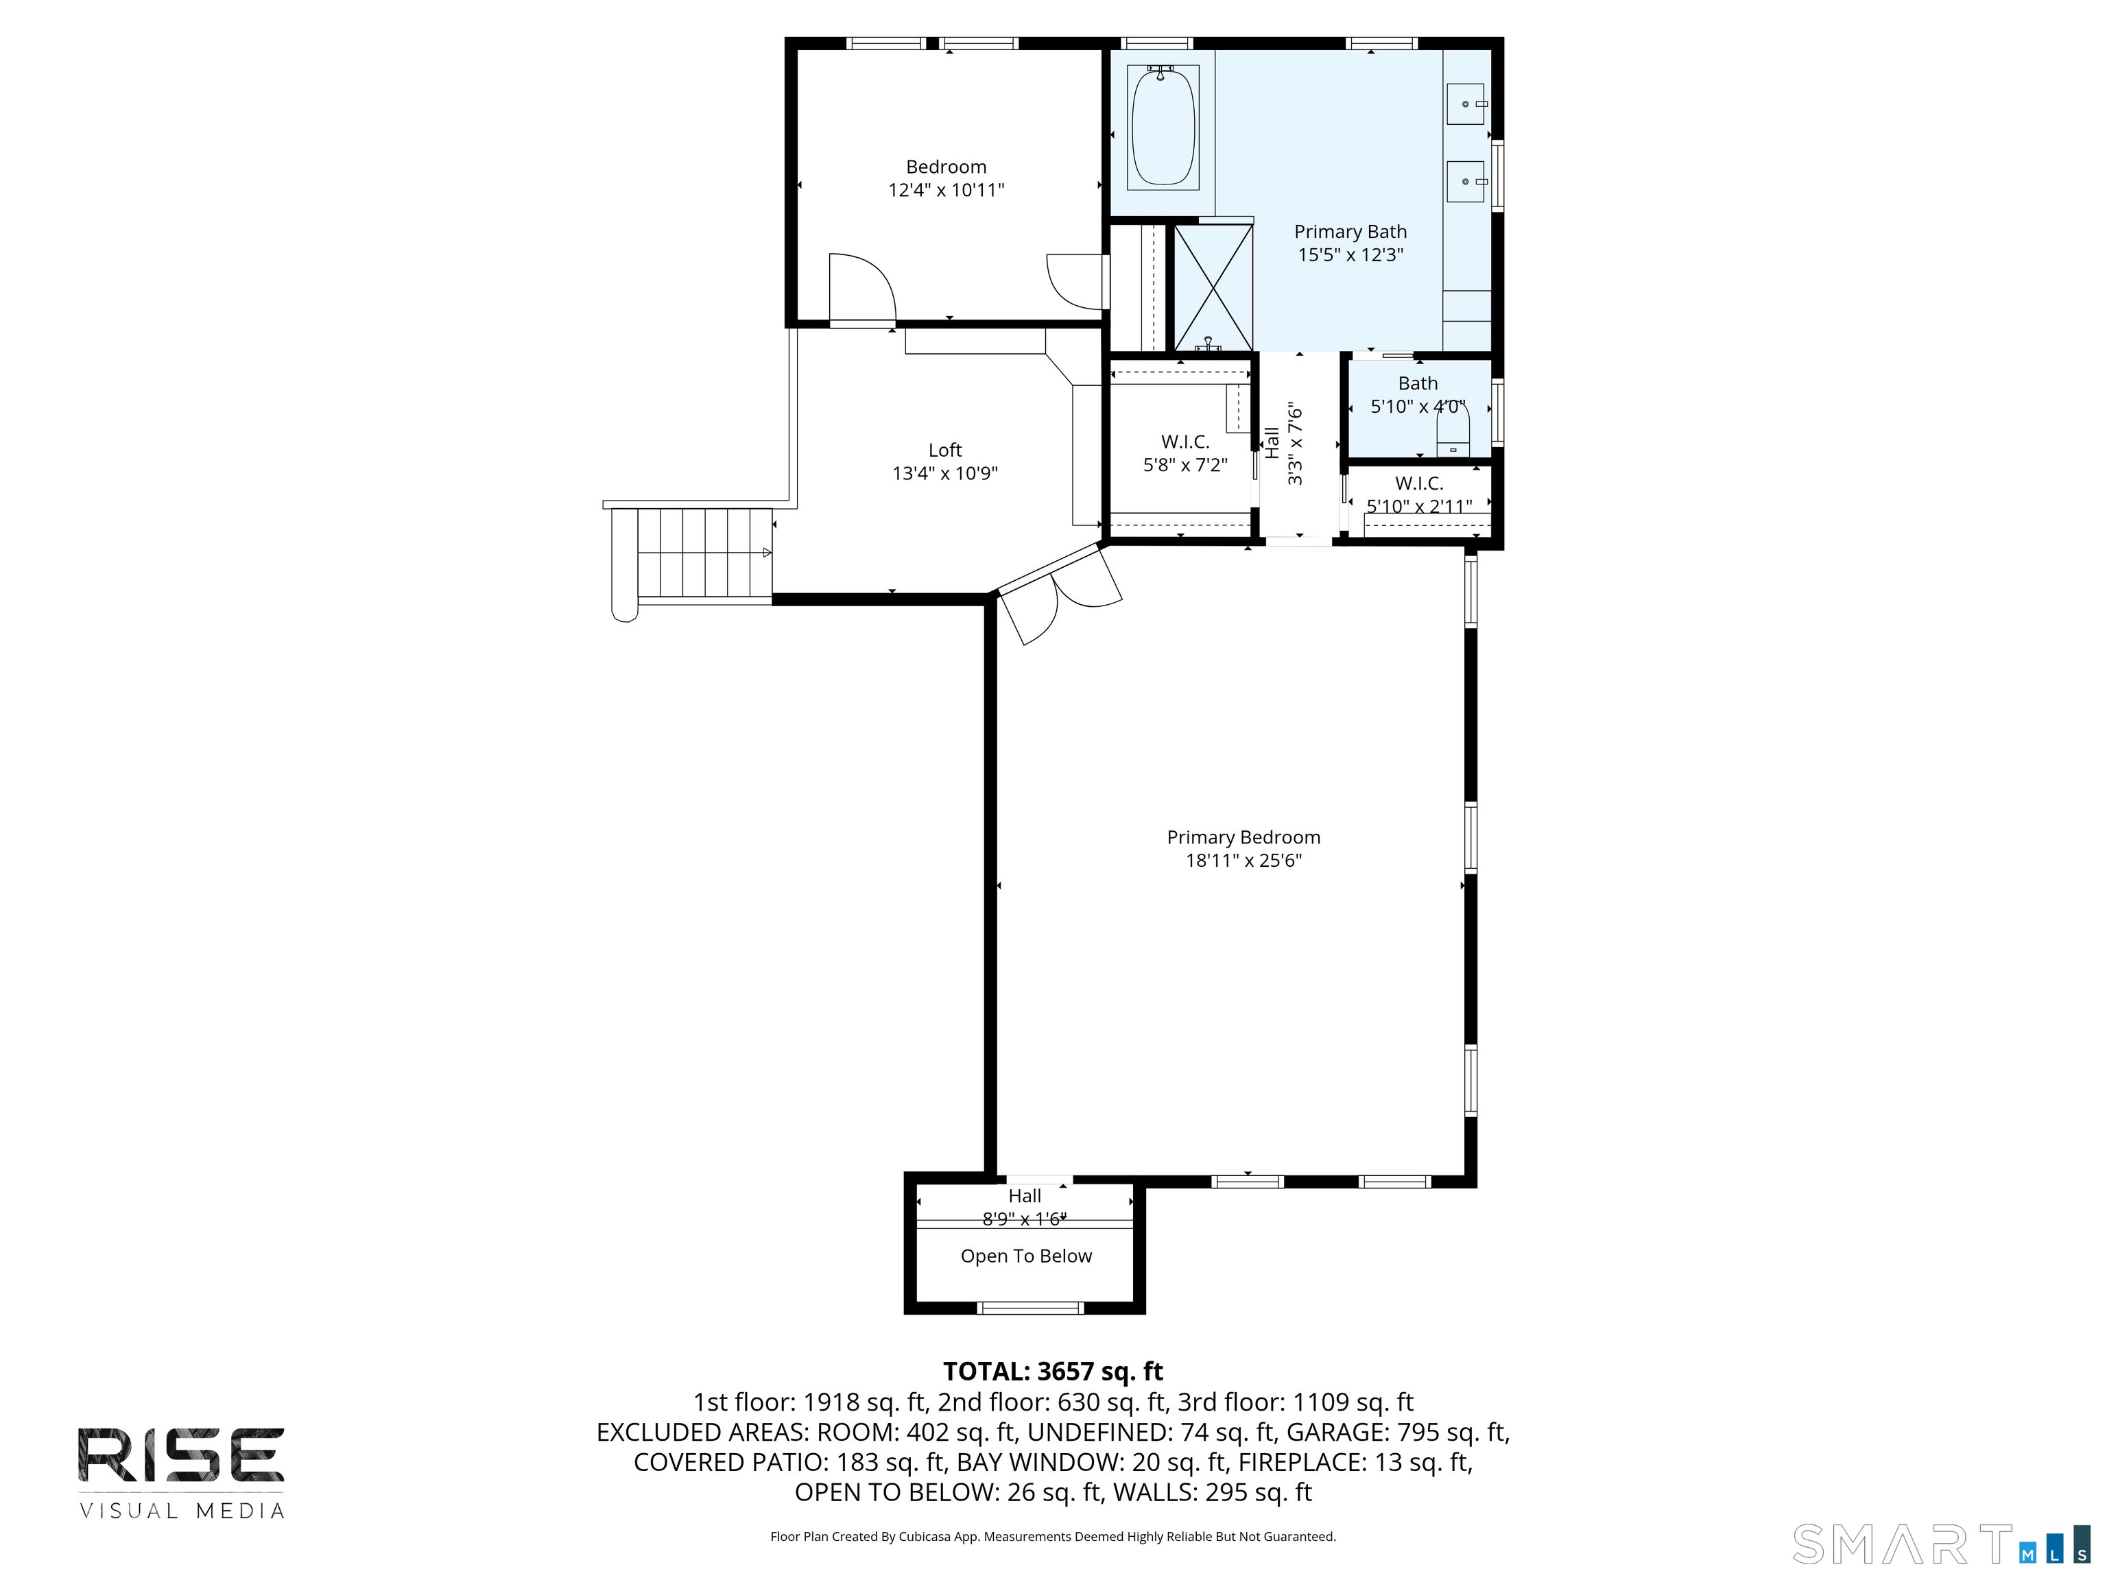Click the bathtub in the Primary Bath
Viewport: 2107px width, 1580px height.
tap(1163, 127)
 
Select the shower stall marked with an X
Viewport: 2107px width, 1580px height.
tap(1213, 287)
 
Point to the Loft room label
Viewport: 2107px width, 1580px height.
tap(945, 450)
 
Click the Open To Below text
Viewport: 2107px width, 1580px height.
tap(1026, 1256)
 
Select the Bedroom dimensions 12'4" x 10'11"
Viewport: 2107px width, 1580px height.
tap(946, 189)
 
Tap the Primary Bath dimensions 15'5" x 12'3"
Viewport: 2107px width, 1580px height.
tap(1350, 254)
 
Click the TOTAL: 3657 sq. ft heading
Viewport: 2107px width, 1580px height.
tap(1053, 1372)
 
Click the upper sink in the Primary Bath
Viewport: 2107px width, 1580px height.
tap(1465, 104)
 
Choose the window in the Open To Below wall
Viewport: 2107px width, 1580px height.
tap(1031, 1308)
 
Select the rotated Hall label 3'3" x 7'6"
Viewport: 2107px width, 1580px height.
tap(1283, 444)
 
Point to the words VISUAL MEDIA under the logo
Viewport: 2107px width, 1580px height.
tap(182, 1511)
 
